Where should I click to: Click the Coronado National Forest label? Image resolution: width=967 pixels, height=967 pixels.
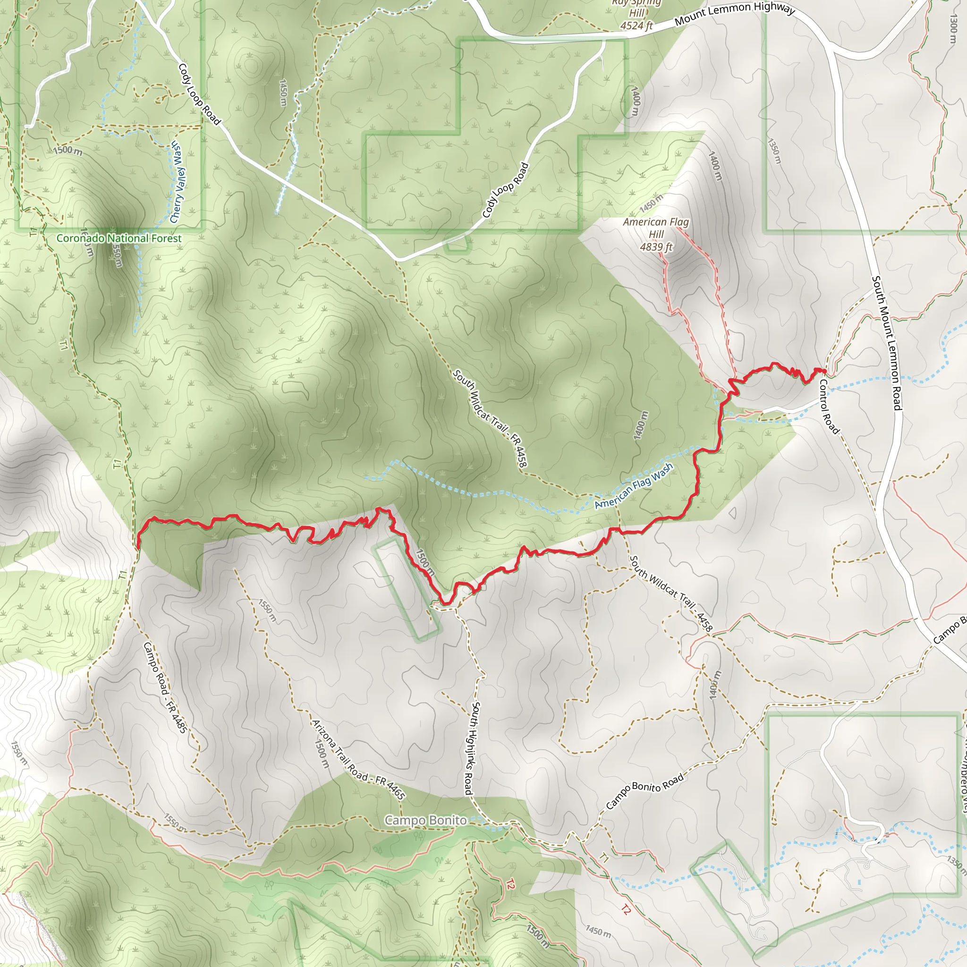pos(119,238)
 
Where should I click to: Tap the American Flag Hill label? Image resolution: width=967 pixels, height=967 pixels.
pos(656,228)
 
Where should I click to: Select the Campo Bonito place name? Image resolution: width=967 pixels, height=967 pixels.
pos(425,820)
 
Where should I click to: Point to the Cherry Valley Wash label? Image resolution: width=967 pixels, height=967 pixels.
pos(177,182)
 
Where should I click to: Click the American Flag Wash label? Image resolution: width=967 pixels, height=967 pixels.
pos(634,486)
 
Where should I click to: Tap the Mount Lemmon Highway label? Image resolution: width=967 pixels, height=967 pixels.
pos(734,15)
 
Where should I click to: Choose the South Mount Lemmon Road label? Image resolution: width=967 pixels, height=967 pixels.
pos(887,343)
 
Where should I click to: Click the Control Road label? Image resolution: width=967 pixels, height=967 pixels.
pos(828,406)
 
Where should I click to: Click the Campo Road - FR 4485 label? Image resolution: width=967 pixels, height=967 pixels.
pos(165,687)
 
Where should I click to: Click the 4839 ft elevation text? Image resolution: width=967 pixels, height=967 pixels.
pos(656,247)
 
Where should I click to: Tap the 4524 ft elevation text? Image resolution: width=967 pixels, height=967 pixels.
pos(636,25)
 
